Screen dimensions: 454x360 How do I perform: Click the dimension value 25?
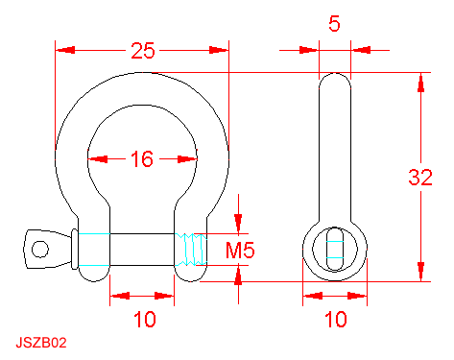click(143, 51)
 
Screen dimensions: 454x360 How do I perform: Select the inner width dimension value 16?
click(142, 159)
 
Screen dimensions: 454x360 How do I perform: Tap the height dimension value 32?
click(420, 178)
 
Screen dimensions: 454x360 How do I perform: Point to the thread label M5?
click(240, 250)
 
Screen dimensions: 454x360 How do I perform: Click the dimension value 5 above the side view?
click(334, 24)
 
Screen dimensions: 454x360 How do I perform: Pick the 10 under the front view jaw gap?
click(145, 319)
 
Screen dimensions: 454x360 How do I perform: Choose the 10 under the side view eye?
click(336, 319)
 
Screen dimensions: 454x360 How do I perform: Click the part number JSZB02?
click(41, 343)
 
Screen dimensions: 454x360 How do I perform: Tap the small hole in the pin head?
click(40, 249)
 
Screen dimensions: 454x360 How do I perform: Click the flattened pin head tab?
click(47, 249)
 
